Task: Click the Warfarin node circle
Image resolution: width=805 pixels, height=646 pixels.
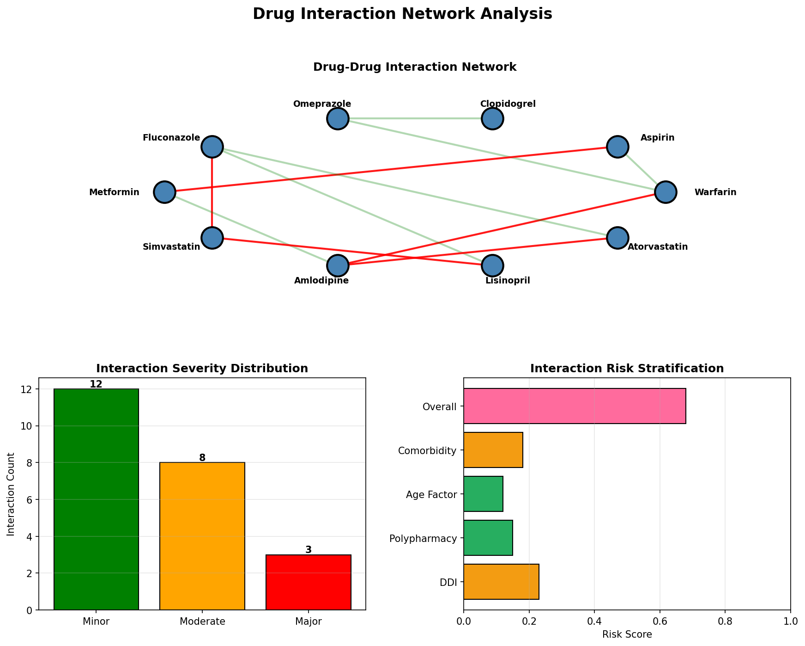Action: click(x=666, y=192)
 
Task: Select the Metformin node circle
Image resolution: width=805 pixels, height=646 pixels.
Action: click(x=164, y=192)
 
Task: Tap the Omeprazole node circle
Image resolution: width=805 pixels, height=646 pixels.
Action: click(x=338, y=119)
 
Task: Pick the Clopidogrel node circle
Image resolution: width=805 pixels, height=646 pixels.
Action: click(x=492, y=119)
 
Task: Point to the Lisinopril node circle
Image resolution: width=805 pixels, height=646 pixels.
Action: click(x=492, y=265)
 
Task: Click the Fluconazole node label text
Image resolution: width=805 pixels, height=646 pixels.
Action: click(x=171, y=138)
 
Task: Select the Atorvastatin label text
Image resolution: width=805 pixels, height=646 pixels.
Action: click(x=658, y=247)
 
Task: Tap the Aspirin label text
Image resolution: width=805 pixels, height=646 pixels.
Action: click(x=657, y=138)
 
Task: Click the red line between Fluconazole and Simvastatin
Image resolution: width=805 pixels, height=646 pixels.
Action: click(x=212, y=192)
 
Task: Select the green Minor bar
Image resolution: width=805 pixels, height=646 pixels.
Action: click(x=96, y=499)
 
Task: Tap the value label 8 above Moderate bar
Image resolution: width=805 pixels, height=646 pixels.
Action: click(x=202, y=458)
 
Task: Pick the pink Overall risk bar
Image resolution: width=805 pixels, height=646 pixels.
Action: click(x=575, y=406)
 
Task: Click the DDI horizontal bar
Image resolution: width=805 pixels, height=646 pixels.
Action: click(x=501, y=581)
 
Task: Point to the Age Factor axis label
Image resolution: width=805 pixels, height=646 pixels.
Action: click(x=431, y=495)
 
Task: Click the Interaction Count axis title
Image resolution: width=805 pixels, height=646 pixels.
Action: click(x=11, y=494)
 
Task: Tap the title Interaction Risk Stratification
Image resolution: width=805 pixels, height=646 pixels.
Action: click(x=627, y=369)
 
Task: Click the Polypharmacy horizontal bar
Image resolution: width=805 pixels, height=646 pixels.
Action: click(x=488, y=538)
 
